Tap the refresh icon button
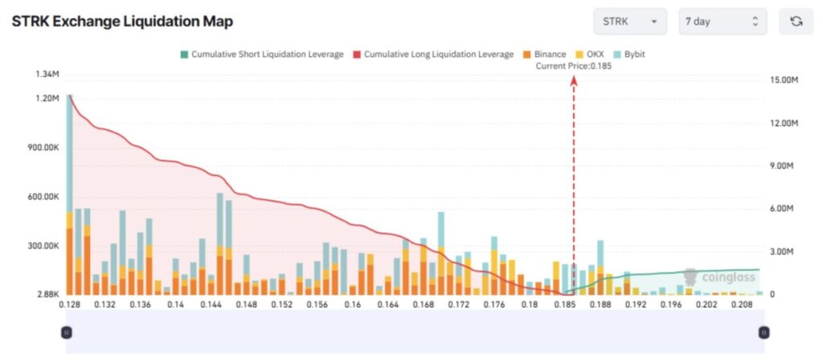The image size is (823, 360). point(796,22)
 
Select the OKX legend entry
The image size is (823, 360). point(590,55)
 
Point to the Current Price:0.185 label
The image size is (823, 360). point(574,66)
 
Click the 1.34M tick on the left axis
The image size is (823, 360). point(47,75)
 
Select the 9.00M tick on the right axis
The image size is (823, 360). point(782,166)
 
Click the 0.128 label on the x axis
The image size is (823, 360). point(70,305)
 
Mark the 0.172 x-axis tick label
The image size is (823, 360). point(458,305)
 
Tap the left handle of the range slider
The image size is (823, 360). point(67,332)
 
